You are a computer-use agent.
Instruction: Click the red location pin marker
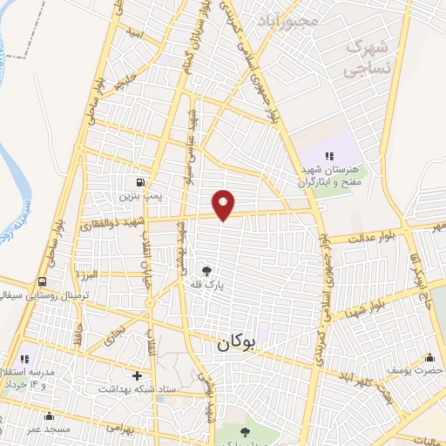224,205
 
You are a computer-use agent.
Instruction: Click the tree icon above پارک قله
206,270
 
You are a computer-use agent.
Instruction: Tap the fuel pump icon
139,182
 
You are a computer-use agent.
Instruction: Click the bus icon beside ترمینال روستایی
43,281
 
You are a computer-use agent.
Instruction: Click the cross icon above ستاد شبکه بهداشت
137,375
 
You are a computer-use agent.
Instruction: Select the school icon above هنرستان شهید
328,156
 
